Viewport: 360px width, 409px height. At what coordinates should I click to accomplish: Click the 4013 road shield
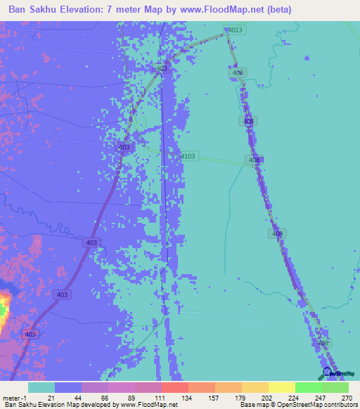[235, 30]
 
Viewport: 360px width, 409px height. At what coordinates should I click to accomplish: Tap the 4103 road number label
[188, 156]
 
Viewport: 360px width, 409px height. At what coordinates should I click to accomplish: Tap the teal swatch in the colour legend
[41, 387]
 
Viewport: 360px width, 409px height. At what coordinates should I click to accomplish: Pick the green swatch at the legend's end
[335, 387]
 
